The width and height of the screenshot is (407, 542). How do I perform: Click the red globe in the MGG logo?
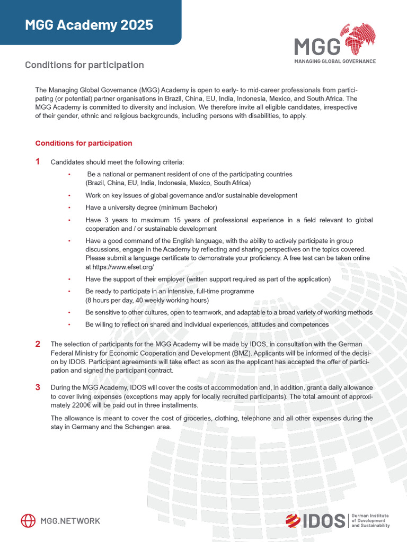(360, 39)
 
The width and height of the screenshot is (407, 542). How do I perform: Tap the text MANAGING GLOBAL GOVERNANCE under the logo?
(335, 61)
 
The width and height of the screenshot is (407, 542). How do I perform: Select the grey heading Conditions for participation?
(84, 65)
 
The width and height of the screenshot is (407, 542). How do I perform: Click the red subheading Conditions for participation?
(83, 143)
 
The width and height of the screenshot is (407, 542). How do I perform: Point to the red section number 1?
(38, 161)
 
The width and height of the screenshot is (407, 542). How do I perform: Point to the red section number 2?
(38, 344)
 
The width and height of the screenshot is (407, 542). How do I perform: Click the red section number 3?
(38, 387)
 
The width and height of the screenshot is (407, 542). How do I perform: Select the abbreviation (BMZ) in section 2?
(243, 353)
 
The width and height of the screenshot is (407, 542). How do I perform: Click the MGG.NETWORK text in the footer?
(70, 521)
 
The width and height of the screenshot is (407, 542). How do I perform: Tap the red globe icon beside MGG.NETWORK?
(28, 521)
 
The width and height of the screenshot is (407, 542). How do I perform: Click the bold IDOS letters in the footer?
(324, 521)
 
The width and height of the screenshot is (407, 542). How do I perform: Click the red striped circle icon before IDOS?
(293, 521)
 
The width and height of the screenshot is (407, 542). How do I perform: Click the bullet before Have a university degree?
(69, 207)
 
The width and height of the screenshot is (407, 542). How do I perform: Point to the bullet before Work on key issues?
(69, 195)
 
